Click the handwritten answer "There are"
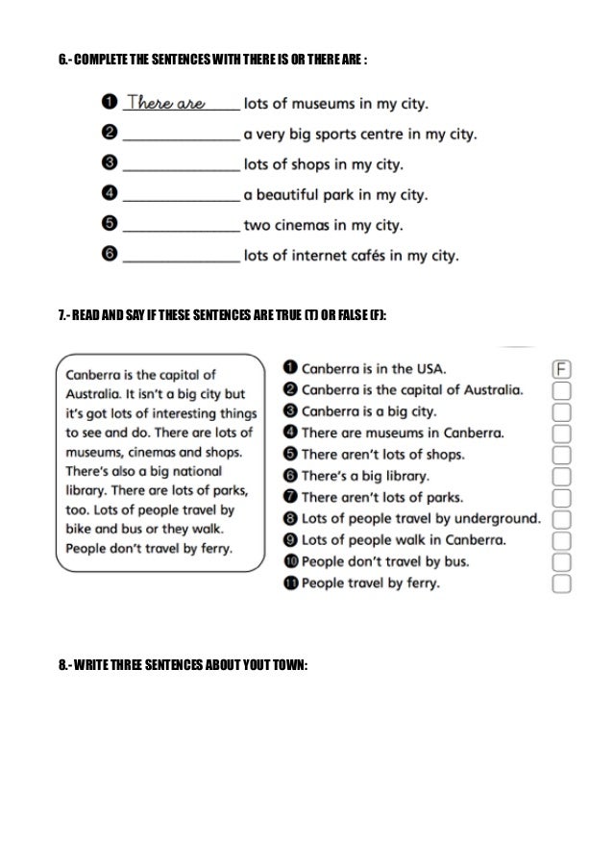click(166, 103)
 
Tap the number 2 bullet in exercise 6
click(110, 132)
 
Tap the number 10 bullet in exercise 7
click(291, 561)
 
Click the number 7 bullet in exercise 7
click(291, 497)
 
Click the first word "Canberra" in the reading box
click(97, 375)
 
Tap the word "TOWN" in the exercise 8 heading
click(287, 664)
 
